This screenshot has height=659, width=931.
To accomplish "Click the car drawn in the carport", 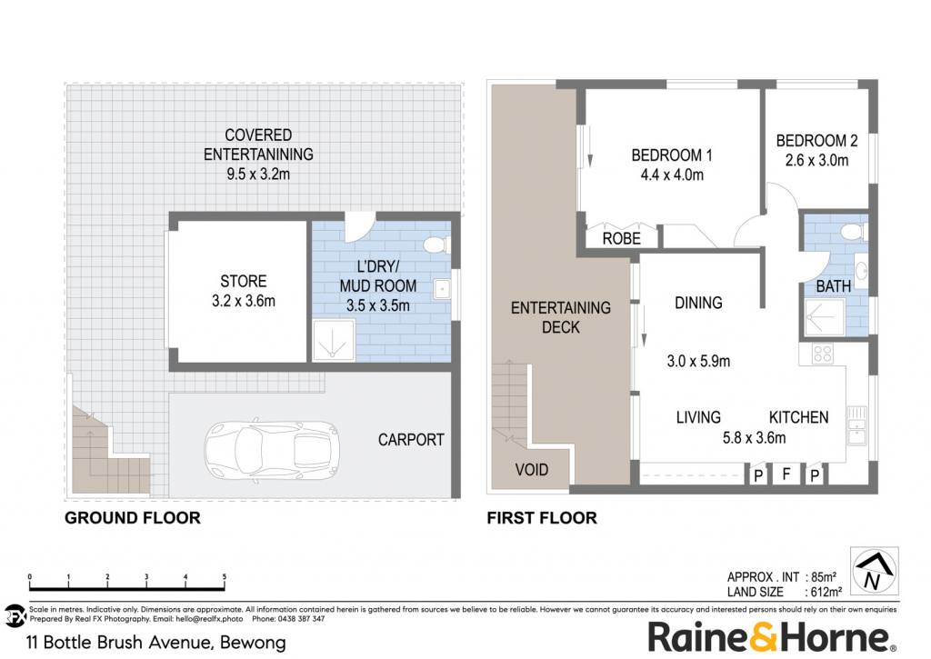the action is pyautogui.click(x=272, y=450).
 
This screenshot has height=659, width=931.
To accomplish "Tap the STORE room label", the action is pyautogui.click(x=244, y=281).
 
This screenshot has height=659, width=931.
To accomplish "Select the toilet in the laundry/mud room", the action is pyautogui.click(x=438, y=245).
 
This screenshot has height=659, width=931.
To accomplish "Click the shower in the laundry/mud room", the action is pyautogui.click(x=333, y=340).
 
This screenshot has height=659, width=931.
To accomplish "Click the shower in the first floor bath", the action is pyautogui.click(x=824, y=317).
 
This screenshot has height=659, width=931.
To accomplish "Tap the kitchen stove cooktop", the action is pyautogui.click(x=822, y=354).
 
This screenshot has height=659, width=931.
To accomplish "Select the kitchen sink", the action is pyautogui.click(x=856, y=425).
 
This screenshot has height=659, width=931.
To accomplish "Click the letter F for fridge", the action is pyautogui.click(x=786, y=474).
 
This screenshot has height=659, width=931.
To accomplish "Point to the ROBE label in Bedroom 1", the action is pyautogui.click(x=622, y=239).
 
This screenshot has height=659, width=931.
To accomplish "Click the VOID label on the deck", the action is pyautogui.click(x=531, y=470).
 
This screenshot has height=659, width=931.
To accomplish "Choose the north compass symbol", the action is pyautogui.click(x=874, y=571).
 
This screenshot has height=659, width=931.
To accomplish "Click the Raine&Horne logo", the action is pyautogui.click(x=771, y=637).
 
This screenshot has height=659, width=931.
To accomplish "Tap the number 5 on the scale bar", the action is pyautogui.click(x=224, y=576).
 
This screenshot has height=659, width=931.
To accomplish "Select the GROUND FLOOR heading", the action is pyautogui.click(x=133, y=518).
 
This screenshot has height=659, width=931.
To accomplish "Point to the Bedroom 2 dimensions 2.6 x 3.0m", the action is pyautogui.click(x=816, y=160).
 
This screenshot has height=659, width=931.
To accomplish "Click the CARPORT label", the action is pyautogui.click(x=411, y=440).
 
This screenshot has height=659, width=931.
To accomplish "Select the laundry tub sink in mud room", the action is pyautogui.click(x=442, y=289).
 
